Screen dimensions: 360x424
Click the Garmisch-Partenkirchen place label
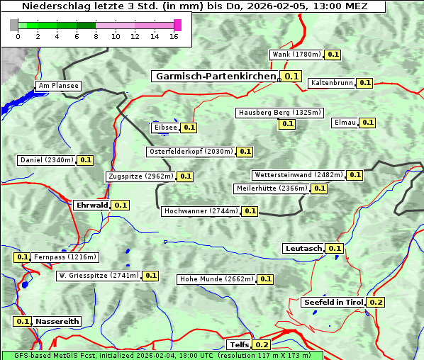(214, 76)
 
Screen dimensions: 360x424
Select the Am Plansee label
(58, 86)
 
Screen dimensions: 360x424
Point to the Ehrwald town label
(91, 205)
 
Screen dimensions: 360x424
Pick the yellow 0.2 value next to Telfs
(262, 345)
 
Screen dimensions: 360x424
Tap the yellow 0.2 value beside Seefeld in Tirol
(376, 303)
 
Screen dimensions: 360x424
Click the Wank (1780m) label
(297, 55)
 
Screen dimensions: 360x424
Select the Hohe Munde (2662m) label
(216, 279)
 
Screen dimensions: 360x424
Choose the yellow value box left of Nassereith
(23, 321)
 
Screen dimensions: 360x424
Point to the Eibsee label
(164, 128)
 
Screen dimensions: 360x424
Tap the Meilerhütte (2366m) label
(272, 189)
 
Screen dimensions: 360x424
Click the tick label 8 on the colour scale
(95, 36)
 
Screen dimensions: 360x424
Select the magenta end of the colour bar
(177, 25)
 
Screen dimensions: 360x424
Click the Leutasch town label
(303, 248)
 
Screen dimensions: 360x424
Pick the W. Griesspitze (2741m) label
(98, 276)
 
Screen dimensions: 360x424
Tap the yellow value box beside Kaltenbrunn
(364, 83)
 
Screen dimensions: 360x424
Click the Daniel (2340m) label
(46, 160)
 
